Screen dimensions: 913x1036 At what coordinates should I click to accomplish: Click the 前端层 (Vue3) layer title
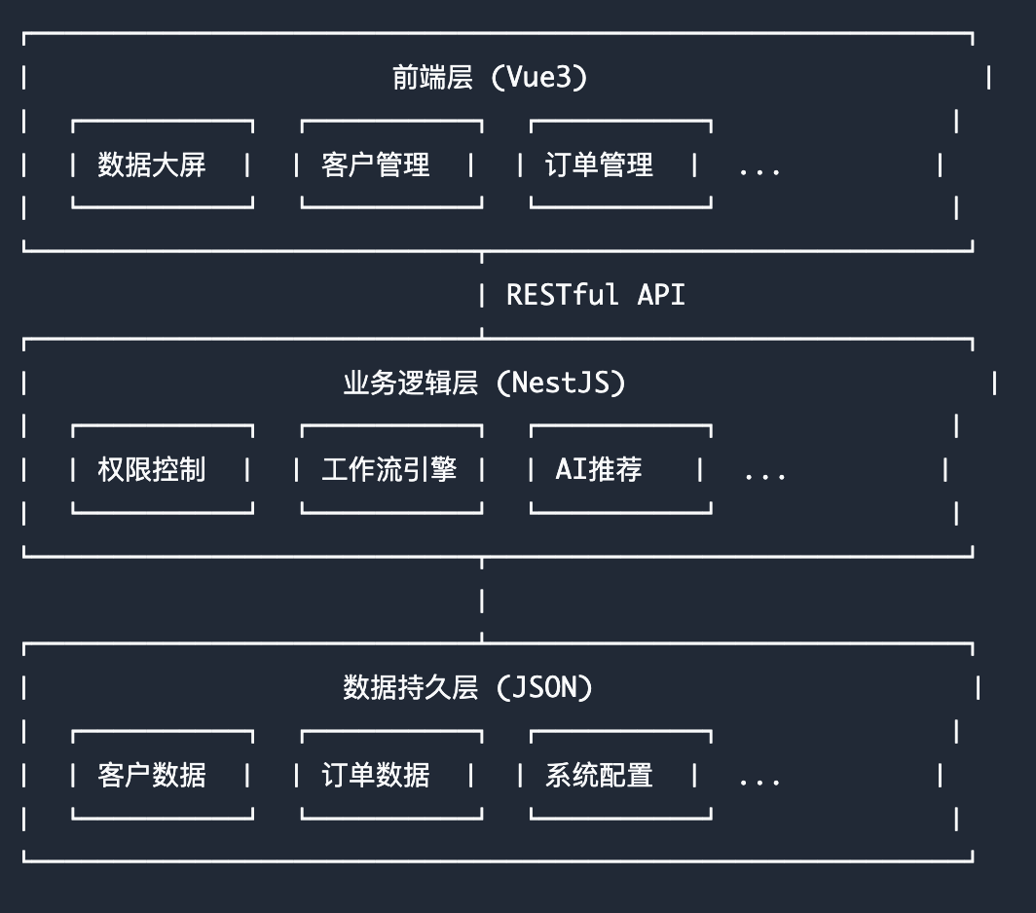(490, 78)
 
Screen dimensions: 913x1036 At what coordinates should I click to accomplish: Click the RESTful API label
(595, 295)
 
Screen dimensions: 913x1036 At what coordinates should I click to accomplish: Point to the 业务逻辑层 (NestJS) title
(483, 383)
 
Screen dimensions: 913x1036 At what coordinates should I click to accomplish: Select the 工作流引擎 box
(390, 470)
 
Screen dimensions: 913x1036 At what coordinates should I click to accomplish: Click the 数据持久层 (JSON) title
(468, 688)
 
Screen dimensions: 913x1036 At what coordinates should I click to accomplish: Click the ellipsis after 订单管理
(759, 170)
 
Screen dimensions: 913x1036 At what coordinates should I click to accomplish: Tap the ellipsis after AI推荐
(764, 476)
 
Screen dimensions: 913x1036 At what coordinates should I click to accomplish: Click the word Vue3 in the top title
(538, 78)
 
